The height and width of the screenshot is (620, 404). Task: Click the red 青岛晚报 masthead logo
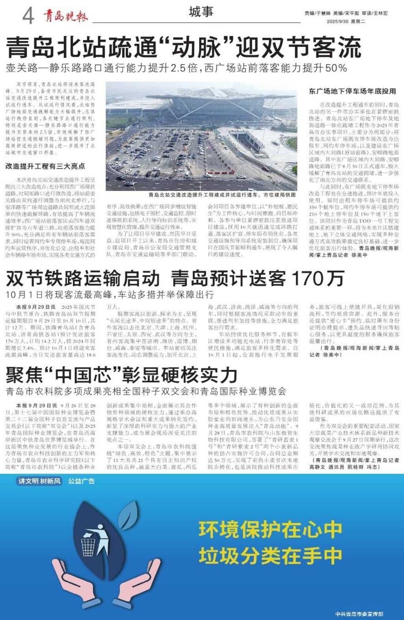[x=65, y=16]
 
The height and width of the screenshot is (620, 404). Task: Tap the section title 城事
[x=201, y=12]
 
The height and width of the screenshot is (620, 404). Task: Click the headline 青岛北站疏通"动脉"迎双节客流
[x=184, y=48]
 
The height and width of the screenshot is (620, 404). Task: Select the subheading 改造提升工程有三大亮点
[x=45, y=166]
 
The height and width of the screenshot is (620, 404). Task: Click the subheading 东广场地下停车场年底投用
[x=352, y=91]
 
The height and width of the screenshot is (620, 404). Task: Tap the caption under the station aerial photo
[x=222, y=194]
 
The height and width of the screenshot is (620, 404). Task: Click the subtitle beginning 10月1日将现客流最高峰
[x=110, y=295]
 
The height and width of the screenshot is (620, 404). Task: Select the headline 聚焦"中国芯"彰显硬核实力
[x=122, y=375]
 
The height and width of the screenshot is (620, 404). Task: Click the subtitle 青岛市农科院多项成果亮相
[x=146, y=391]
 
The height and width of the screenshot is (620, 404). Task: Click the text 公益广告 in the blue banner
[x=81, y=481]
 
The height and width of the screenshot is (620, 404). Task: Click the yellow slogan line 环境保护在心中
[x=270, y=529]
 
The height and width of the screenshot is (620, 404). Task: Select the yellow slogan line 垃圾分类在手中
[x=270, y=556]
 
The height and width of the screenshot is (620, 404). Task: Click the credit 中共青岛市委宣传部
[x=359, y=614]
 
